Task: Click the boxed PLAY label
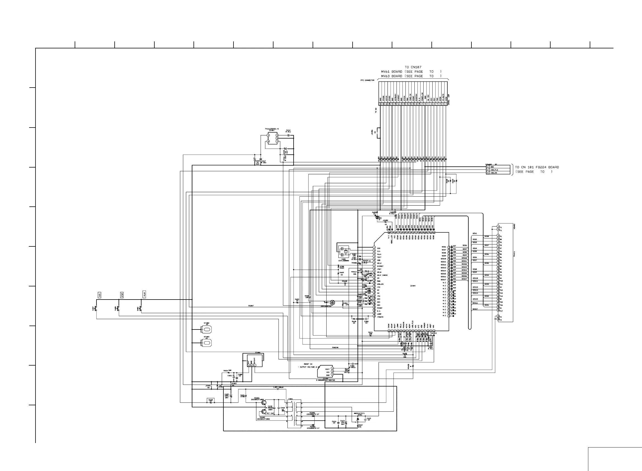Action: click(144, 294)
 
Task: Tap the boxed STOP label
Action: click(122, 295)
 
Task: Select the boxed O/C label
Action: click(100, 295)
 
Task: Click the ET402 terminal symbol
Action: click(207, 330)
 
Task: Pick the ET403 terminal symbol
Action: click(207, 343)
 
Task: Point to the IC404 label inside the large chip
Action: click(413, 286)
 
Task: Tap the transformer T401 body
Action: click(294, 415)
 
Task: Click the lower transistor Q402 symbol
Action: click(264, 412)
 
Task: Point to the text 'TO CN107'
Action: click(413, 67)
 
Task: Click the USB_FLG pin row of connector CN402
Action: click(497, 170)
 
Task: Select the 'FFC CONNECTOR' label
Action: click(367, 80)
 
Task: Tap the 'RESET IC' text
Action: click(308, 364)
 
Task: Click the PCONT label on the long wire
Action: click(251, 306)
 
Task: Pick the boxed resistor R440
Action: click(211, 400)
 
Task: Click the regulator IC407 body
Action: click(272, 138)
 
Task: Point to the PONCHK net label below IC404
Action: click(335, 348)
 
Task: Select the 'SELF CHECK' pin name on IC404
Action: click(382, 275)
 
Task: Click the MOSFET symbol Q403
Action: click(332, 303)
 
